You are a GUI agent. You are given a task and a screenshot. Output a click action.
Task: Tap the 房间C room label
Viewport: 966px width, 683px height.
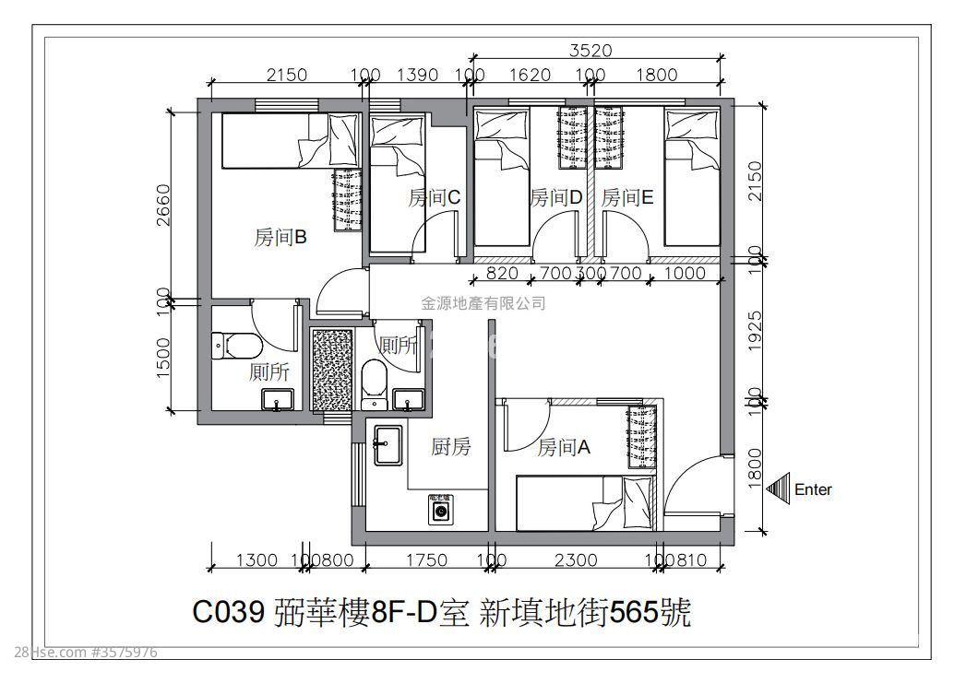point(435,197)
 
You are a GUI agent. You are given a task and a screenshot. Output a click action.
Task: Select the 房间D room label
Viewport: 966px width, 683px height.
point(556,197)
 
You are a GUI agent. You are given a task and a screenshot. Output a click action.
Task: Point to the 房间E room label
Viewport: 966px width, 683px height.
point(628,197)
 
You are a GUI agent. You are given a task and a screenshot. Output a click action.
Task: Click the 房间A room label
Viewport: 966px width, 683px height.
point(564,448)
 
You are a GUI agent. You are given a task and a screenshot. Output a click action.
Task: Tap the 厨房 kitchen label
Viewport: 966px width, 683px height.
point(451,447)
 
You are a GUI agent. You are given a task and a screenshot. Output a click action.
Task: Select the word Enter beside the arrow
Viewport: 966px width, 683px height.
point(813,489)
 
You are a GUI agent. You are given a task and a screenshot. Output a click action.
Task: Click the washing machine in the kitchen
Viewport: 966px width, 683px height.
point(439,510)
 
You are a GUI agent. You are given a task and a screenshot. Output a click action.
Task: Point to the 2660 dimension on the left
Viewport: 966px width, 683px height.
point(164,204)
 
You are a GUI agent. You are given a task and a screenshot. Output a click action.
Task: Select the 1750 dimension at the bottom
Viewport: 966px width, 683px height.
point(426,559)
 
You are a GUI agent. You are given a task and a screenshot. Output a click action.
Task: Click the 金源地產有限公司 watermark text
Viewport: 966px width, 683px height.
point(483,302)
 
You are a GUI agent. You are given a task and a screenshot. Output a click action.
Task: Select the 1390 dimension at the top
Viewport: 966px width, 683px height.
point(417,76)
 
